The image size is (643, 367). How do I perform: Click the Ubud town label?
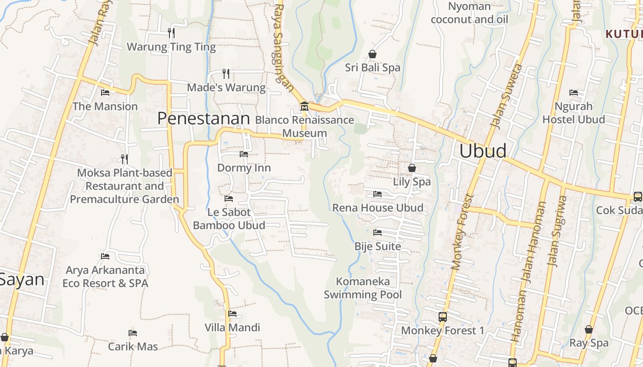[x=483, y=151]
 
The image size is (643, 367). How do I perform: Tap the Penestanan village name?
[x=203, y=118]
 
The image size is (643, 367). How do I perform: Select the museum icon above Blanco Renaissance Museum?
[x=304, y=106]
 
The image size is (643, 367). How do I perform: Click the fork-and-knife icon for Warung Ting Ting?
[x=171, y=33]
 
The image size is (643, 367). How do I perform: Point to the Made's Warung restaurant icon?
[x=226, y=73]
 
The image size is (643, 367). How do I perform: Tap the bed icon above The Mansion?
[x=105, y=92]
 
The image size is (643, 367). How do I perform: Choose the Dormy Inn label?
[x=244, y=168]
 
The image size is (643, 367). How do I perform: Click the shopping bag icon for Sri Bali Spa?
[x=372, y=54]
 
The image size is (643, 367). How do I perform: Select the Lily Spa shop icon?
[x=412, y=168]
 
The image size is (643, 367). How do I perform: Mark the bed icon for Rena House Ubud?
[x=378, y=194]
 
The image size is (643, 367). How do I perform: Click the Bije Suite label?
[x=378, y=246]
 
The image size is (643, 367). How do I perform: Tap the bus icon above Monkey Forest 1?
[x=442, y=317]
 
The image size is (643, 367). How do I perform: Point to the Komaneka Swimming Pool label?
[x=363, y=288]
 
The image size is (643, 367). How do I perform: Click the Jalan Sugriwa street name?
[x=557, y=232]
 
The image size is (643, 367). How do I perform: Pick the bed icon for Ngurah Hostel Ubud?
[x=574, y=93]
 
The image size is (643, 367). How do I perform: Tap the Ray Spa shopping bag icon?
[x=589, y=329]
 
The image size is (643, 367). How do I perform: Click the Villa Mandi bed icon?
[x=232, y=314]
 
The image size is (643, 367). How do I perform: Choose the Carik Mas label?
[x=133, y=346]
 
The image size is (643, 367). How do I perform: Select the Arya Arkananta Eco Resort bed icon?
[x=105, y=256]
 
